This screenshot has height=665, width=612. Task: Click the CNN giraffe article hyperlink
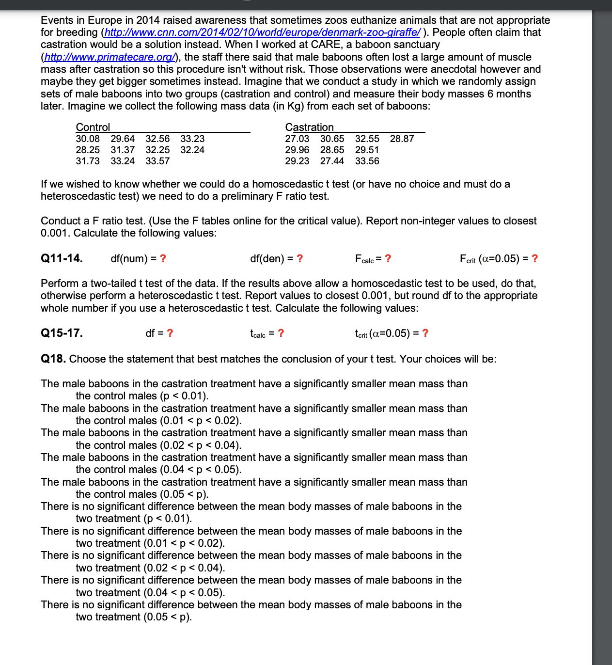[262, 32]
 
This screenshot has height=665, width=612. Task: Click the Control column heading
[93, 127]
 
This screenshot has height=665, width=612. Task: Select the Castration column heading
[309, 127]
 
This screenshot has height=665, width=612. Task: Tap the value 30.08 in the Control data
[88, 139]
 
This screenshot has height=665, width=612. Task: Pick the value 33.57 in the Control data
[157, 161]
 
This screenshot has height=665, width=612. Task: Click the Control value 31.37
[123, 150]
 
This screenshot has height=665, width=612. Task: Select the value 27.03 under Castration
[297, 139]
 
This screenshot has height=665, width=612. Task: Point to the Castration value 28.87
[402, 139]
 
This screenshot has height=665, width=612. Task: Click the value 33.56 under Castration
[367, 161]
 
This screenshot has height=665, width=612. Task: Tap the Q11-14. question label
[62, 258]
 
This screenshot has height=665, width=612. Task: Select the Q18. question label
[53, 359]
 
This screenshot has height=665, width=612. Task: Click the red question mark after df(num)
[163, 258]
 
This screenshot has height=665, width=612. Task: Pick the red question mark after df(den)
[300, 258]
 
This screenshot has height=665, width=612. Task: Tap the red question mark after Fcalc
[388, 258]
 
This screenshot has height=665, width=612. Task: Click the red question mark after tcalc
[281, 333]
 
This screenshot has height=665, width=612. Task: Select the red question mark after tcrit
[425, 333]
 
